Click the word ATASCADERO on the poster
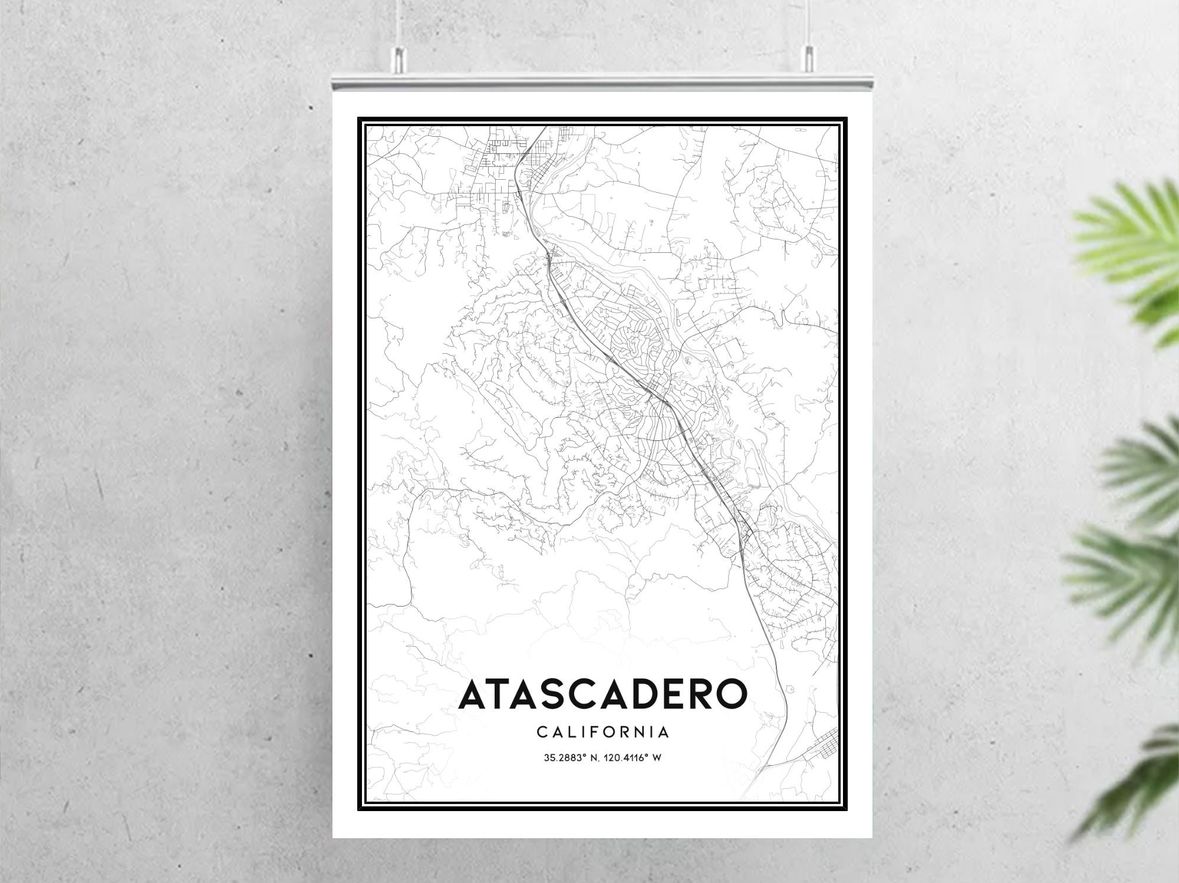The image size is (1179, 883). click(x=602, y=696)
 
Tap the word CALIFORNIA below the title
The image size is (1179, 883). click(x=602, y=733)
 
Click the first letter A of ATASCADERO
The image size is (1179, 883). click(x=475, y=696)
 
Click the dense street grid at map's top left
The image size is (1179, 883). click(x=501, y=159)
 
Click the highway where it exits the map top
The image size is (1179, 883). click(x=541, y=131)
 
